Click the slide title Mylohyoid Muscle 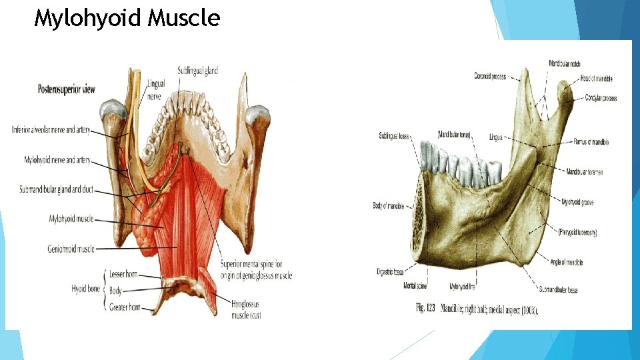127,18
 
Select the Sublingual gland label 198,71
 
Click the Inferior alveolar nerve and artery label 51,129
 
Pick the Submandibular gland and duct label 57,190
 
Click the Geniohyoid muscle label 70,249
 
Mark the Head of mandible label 596,79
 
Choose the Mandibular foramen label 585,172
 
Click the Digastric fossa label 393,272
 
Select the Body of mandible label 389,205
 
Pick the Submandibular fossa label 567,289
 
